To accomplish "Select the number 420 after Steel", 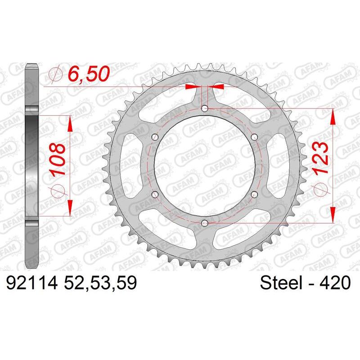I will tap(334, 283).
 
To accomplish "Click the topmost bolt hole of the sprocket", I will tap(205, 108).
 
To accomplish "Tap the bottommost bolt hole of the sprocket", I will tap(205, 222).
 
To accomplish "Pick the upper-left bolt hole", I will tap(156, 137).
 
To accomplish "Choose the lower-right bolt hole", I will tap(255, 194).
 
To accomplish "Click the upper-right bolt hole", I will tap(255, 137).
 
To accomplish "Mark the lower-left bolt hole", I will tap(156, 194).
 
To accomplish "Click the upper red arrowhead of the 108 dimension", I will tap(70, 121).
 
